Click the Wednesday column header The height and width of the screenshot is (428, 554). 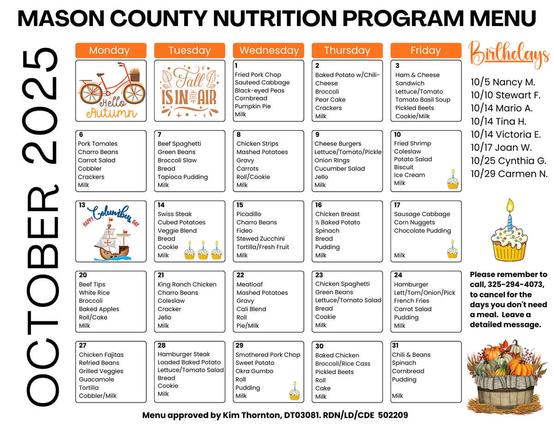pyautogui.click(x=269, y=50)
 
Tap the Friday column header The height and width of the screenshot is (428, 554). pyautogui.click(x=426, y=50)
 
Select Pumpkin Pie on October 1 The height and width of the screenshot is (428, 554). pyautogui.click(x=253, y=106)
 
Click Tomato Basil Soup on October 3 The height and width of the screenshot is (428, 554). pyautogui.click(x=422, y=100)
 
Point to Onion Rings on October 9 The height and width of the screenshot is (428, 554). pyautogui.click(x=332, y=160)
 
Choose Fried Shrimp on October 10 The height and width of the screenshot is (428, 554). pyautogui.click(x=412, y=144)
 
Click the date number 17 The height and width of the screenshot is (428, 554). pyautogui.click(x=397, y=205)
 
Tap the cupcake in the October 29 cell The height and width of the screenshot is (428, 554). pyautogui.click(x=294, y=391)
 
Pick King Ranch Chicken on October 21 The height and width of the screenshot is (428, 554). pyautogui.click(x=187, y=284)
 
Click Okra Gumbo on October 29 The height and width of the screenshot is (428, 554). pyautogui.click(x=254, y=371)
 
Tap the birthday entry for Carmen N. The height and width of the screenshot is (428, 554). pyautogui.click(x=509, y=174)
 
